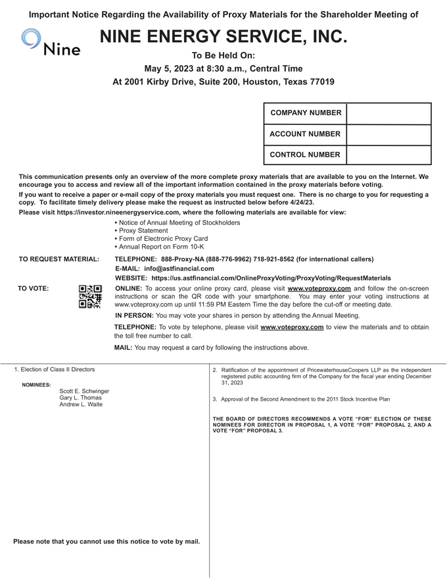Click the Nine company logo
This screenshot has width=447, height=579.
51,41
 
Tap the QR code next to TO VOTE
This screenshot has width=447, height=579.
90,297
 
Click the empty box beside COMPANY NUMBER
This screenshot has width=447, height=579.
388,113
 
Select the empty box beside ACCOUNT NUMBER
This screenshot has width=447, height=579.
388,134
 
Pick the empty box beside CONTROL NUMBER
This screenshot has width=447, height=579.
388,155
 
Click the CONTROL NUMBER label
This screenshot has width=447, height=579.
305,155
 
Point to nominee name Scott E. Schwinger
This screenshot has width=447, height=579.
84,391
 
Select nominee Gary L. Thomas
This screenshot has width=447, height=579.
80,398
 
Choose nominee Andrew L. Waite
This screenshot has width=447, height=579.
81,405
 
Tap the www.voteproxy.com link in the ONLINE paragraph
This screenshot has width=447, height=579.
319,289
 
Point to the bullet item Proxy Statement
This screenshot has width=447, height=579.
143,231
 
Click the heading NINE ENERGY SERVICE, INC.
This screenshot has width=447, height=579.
223,38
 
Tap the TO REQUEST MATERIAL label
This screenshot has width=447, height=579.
59,259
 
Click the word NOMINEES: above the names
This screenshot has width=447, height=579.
36,385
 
